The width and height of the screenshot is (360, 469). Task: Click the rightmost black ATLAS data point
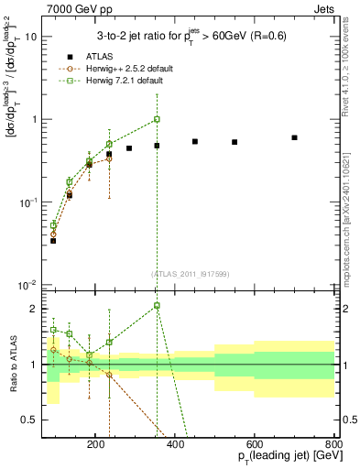[x=294, y=137]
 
